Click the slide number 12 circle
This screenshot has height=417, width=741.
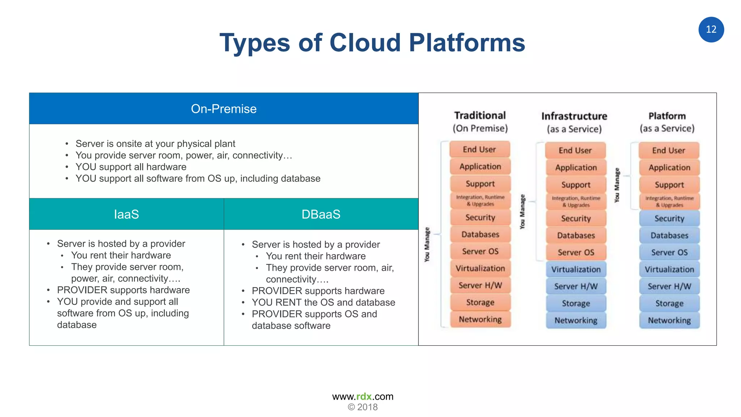(x=711, y=30)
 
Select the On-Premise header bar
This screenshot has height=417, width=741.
(x=224, y=109)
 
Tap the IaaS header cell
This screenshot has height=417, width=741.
(x=126, y=214)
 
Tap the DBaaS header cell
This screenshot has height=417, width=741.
(x=321, y=214)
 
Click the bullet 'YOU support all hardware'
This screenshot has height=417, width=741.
(x=131, y=167)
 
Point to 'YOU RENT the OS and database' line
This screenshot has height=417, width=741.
(x=323, y=302)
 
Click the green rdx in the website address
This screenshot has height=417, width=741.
(x=364, y=396)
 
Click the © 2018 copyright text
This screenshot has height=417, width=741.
(x=363, y=407)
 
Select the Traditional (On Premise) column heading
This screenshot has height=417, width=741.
(x=480, y=122)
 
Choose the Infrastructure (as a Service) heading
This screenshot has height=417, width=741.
(x=574, y=122)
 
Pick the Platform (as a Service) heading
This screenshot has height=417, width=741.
(x=667, y=122)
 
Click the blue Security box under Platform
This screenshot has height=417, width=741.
(x=669, y=218)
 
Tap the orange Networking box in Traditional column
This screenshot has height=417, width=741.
(x=480, y=319)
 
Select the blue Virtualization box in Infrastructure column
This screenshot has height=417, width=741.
(x=576, y=269)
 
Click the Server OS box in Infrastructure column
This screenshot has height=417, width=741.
(x=576, y=252)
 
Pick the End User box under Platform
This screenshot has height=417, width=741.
(x=669, y=150)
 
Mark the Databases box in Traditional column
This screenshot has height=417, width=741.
(x=480, y=234)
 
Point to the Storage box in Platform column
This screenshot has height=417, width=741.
(x=669, y=303)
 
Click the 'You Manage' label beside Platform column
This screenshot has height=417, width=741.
(x=617, y=185)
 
